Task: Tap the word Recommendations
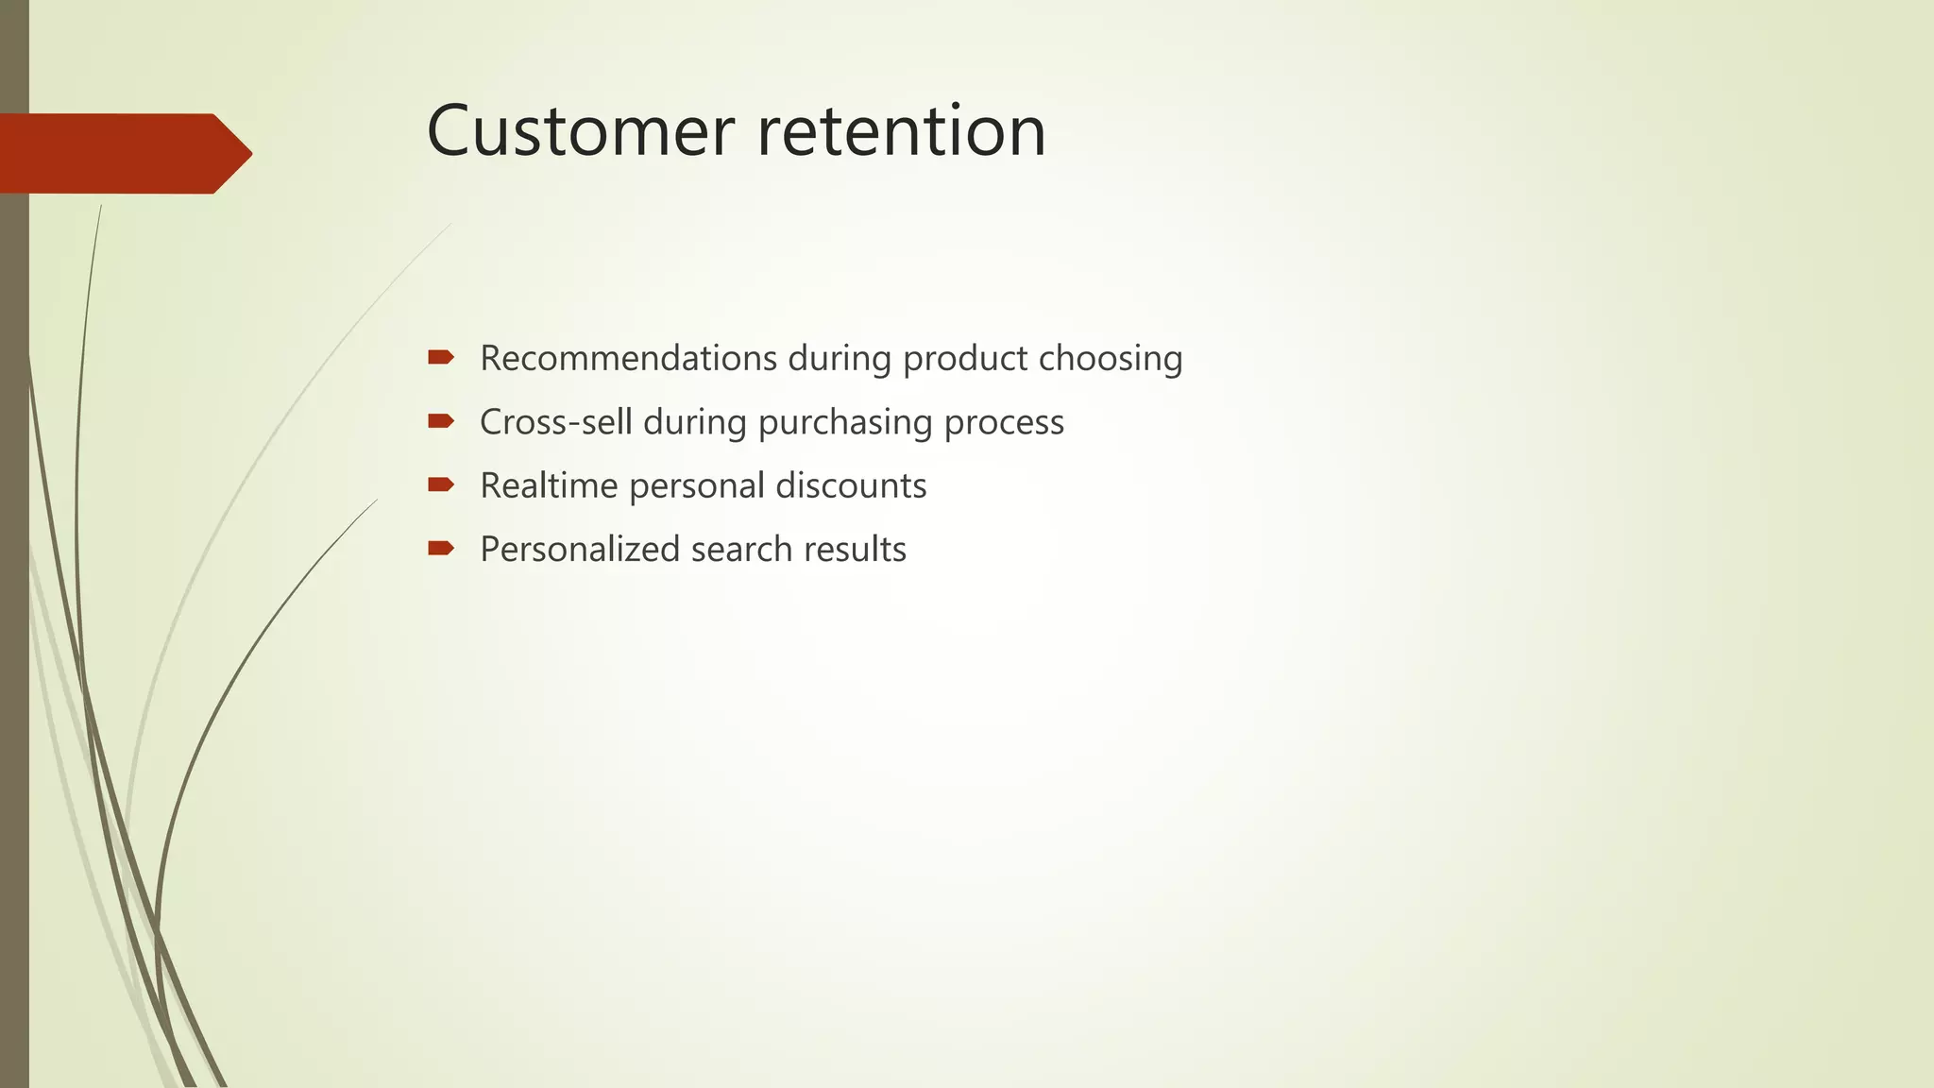point(628,359)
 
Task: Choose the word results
point(855,549)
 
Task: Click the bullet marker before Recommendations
point(440,357)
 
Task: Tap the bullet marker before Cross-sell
point(440,420)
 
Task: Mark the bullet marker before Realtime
point(440,484)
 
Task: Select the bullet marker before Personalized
point(440,548)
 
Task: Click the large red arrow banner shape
point(123,153)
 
